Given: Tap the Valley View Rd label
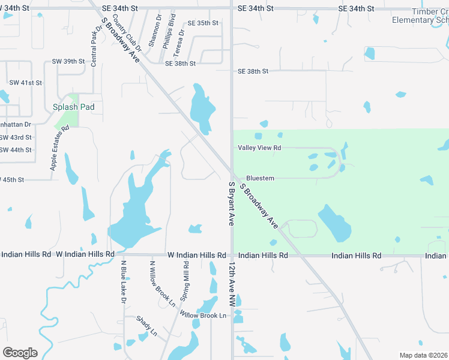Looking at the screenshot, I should (260, 148).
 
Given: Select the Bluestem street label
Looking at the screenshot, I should (260, 178).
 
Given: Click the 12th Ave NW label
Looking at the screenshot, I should (231, 286).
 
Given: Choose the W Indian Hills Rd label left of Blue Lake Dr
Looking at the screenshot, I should (85, 254).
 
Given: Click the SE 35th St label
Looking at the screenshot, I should (203, 23).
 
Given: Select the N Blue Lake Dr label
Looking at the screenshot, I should (122, 281).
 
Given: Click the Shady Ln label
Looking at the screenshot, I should (146, 326).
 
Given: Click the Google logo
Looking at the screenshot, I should (20, 353).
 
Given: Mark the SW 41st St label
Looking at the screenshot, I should (25, 82).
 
